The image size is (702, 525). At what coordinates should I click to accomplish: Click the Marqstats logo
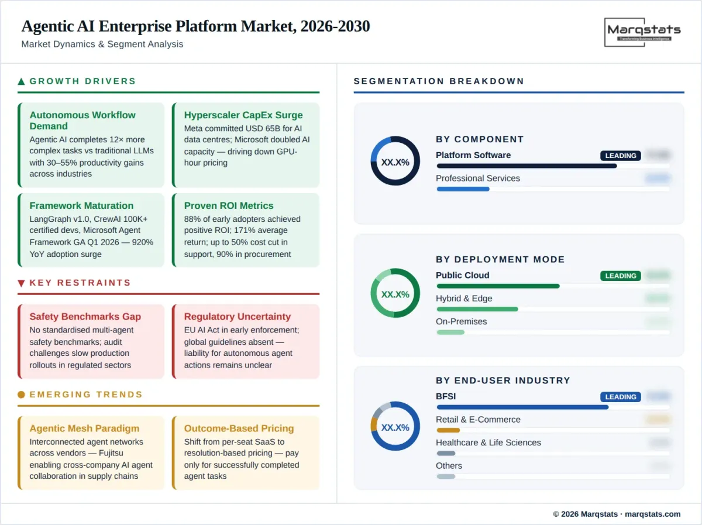click(x=642, y=32)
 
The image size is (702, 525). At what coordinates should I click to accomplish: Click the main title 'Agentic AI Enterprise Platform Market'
click(x=195, y=26)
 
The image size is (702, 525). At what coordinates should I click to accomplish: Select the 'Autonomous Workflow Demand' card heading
click(x=82, y=121)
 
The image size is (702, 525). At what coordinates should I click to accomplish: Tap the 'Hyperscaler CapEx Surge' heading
click(x=243, y=115)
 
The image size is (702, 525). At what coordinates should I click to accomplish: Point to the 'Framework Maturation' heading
click(x=81, y=205)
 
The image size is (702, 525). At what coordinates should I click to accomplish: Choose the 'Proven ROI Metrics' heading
click(x=229, y=205)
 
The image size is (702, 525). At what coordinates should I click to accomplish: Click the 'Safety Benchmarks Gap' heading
click(x=85, y=317)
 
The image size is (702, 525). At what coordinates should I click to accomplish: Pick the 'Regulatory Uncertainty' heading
click(x=238, y=317)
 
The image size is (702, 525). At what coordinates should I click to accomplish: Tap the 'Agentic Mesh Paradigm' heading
click(x=84, y=428)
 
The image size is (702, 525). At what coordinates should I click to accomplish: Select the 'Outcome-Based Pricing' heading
click(x=239, y=428)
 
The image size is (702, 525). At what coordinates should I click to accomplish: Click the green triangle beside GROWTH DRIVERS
click(x=22, y=81)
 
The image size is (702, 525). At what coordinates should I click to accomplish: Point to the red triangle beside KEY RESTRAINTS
click(x=22, y=283)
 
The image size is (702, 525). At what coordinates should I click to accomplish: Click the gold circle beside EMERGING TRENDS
click(x=22, y=394)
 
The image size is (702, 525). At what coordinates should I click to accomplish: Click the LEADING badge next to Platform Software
click(x=620, y=156)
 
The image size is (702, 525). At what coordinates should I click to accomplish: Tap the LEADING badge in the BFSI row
click(x=620, y=397)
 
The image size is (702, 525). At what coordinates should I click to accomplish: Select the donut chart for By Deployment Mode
click(x=395, y=293)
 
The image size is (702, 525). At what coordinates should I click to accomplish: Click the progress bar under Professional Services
click(x=463, y=189)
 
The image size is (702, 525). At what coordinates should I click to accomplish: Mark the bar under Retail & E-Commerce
click(x=448, y=430)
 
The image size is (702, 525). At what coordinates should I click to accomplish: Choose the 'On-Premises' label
click(x=461, y=321)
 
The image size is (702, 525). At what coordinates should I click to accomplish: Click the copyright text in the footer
click(x=617, y=514)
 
